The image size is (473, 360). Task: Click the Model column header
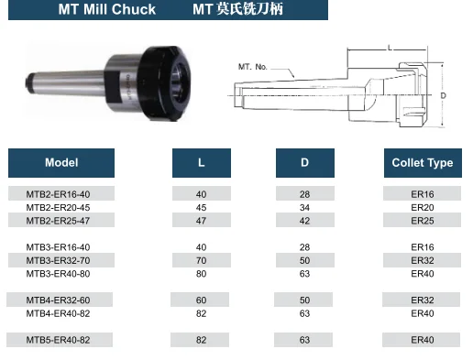tap(61, 163)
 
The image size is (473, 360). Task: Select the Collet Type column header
tap(423, 163)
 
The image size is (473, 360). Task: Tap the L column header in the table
tap(202, 163)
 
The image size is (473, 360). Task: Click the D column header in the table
tap(305, 163)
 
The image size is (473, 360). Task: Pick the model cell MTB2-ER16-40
tap(58, 194)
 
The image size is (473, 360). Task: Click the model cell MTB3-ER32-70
tap(58, 260)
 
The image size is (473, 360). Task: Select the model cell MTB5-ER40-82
tap(58, 340)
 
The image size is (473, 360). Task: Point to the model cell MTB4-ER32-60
tap(58, 300)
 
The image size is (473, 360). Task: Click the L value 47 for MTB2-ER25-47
tap(201, 221)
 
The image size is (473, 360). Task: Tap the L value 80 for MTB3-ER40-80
tap(201, 274)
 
